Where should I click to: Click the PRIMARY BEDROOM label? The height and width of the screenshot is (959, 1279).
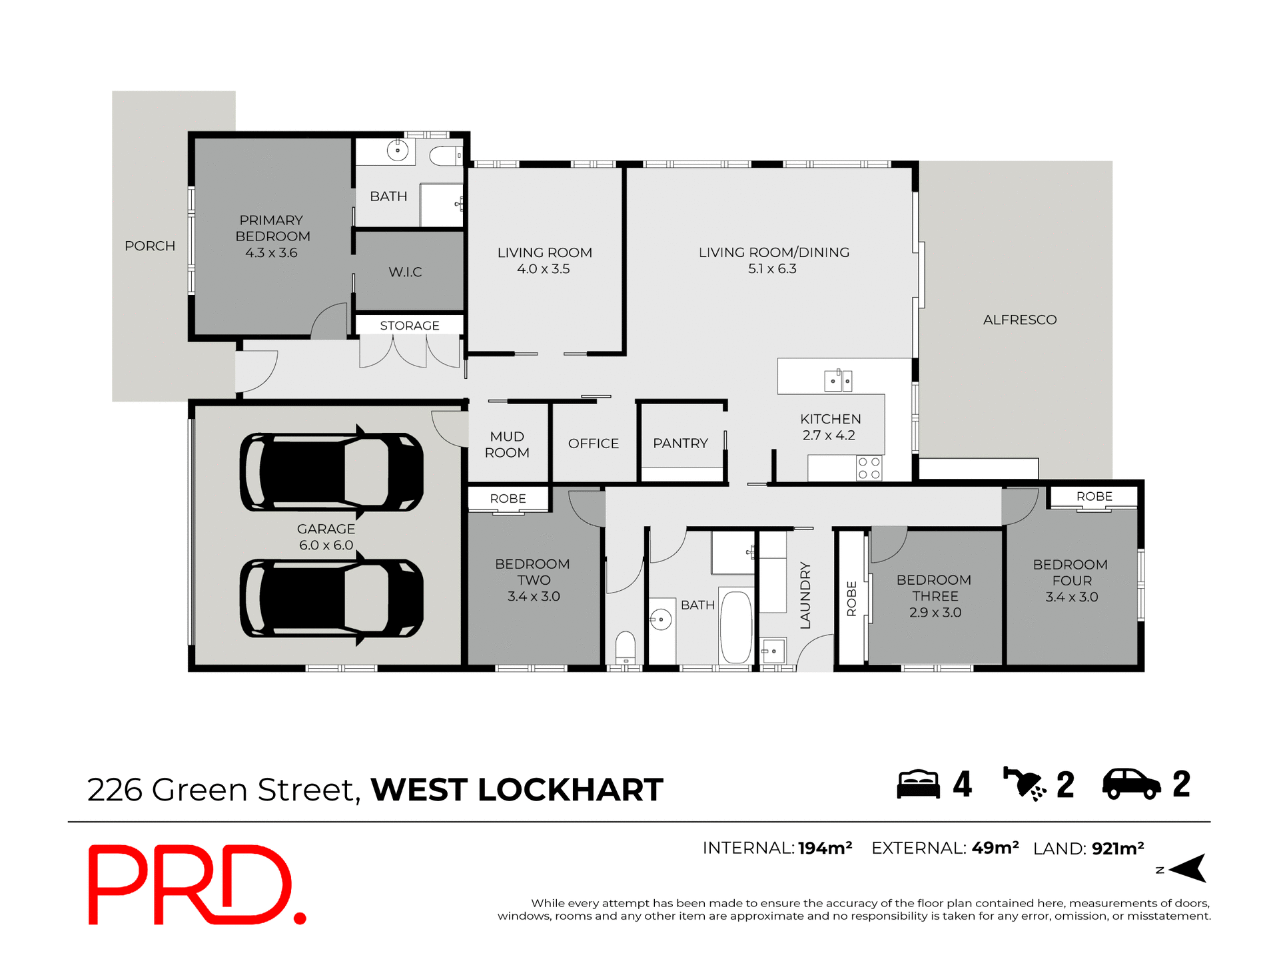[272, 228]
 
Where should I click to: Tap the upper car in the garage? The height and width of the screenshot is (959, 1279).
[331, 472]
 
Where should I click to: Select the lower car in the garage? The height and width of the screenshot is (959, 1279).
[331, 598]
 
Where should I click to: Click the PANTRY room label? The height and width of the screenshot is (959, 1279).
[680, 444]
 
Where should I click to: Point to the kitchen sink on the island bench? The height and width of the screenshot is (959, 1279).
[838, 380]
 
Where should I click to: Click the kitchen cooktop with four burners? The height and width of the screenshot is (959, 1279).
[869, 468]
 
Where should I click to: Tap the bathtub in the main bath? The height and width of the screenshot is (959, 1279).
[736, 626]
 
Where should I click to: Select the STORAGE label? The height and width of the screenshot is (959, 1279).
[409, 326]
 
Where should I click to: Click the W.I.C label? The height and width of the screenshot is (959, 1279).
[405, 272]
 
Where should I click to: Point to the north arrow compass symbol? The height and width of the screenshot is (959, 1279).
[1188, 868]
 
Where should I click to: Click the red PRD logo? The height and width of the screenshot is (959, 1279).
[197, 885]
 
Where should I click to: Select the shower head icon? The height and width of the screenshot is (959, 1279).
[1025, 784]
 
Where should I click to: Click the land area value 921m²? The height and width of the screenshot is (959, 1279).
[1118, 848]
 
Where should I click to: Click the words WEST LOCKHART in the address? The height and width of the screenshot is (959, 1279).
[517, 790]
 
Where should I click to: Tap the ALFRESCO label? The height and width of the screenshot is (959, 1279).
[1019, 320]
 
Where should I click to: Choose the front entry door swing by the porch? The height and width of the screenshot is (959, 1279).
[255, 372]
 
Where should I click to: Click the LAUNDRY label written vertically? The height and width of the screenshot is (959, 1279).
[805, 595]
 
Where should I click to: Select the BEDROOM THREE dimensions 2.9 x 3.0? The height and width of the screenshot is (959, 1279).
[935, 613]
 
